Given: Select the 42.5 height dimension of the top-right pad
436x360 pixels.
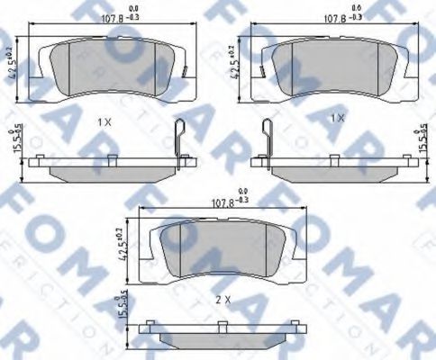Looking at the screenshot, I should coord(238,66).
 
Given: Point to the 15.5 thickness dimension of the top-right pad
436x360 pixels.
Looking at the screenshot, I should coord(422,143).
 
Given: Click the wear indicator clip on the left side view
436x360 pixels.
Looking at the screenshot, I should coord(181,144).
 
